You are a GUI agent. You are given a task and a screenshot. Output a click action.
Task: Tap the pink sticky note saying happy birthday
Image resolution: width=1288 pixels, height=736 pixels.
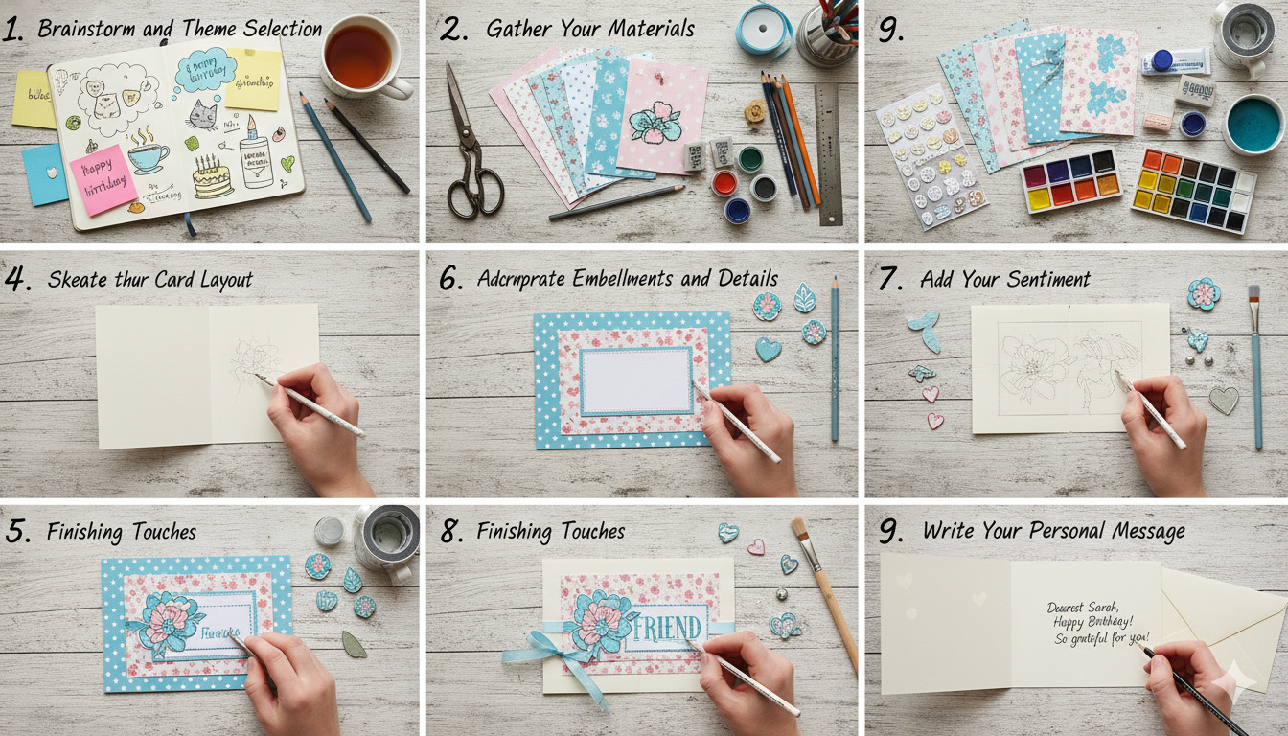(103, 179)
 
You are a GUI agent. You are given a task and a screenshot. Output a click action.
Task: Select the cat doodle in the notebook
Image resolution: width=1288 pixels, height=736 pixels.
(201, 115)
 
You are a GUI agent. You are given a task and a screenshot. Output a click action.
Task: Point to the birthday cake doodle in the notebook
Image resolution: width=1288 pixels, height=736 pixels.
(212, 178)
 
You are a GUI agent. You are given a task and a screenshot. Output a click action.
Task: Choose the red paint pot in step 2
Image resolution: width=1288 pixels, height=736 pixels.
(724, 182)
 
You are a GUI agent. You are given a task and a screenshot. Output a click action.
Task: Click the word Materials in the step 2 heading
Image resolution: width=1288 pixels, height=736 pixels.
(641, 30)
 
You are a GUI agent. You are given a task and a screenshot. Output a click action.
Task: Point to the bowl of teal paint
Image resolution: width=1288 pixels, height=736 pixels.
(1253, 124)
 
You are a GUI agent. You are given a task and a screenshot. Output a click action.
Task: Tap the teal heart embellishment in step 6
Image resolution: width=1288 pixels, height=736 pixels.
(768, 350)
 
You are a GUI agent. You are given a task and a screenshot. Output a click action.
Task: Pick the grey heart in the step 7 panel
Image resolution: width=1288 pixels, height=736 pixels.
(1223, 400)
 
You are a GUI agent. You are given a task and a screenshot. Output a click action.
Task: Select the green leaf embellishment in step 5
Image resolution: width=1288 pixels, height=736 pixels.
(354, 643)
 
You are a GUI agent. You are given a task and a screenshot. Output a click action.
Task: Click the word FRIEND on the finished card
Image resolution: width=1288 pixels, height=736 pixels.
(668, 628)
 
